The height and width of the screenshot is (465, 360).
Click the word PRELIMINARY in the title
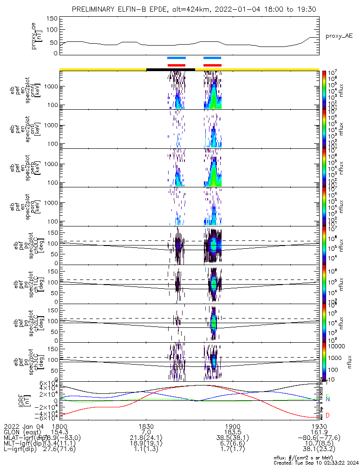[x=94, y=10]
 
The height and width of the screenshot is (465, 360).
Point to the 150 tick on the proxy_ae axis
[x=52, y=18]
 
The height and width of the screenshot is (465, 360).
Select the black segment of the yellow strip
[x=170, y=69]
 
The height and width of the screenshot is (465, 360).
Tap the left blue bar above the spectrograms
[x=177, y=58]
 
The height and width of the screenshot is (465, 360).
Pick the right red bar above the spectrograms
[x=213, y=65]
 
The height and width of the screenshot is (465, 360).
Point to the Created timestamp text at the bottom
[x=314, y=462]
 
